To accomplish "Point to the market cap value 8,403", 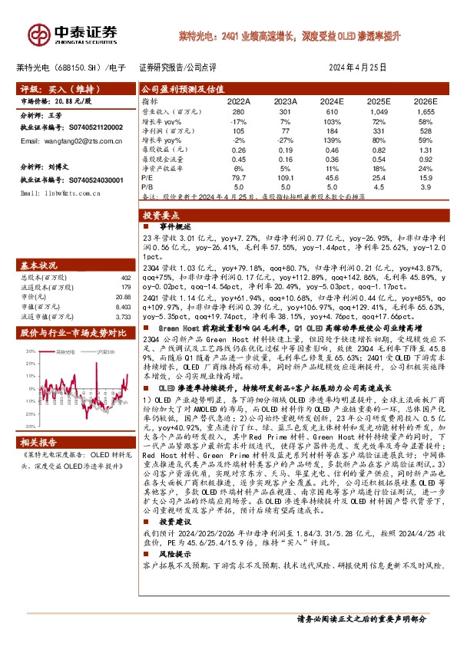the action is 124,305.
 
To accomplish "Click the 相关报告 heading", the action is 38,443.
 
